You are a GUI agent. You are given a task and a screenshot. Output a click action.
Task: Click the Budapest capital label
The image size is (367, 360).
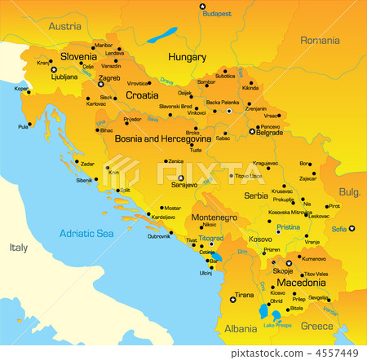pos(217,14)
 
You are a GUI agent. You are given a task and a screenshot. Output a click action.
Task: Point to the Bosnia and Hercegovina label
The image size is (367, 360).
pos(162,140)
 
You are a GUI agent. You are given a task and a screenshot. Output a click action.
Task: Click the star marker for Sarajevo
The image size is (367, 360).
pos(181,178)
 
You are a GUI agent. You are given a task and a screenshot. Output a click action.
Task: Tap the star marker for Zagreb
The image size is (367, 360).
pos(101,84)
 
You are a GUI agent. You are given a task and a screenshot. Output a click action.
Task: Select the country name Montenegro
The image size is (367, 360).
pos(214,217)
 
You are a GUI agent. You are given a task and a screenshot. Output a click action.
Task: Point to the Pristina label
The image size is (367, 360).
pos(288,228)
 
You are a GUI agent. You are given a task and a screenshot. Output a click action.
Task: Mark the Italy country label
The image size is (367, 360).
pos(19,247)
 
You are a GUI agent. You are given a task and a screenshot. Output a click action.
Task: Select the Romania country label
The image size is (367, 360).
pos(320,40)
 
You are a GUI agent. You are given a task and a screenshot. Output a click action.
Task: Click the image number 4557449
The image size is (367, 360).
pos(337,353)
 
